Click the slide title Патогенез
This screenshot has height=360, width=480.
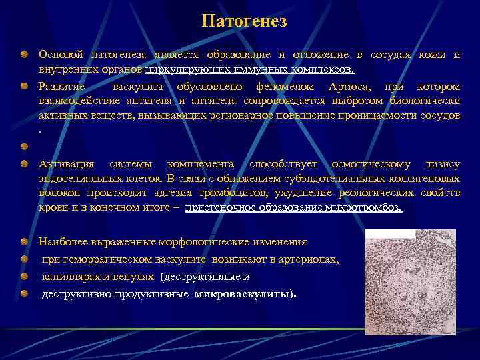coord(244,21)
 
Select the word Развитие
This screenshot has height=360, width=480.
coord(61,87)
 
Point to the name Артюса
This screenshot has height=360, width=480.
coord(347,87)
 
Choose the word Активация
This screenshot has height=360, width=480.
coord(67,164)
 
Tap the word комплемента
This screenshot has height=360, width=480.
coord(200,164)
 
